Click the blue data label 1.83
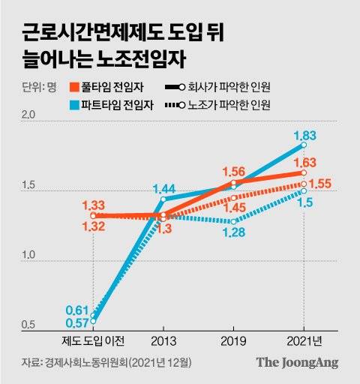(303, 135)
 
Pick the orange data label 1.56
(235, 172)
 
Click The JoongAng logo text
(297, 362)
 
